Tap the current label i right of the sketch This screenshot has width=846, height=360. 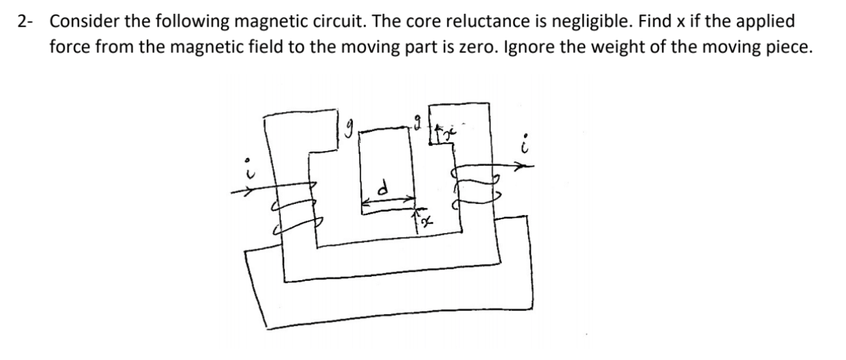pyautogui.click(x=525, y=145)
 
